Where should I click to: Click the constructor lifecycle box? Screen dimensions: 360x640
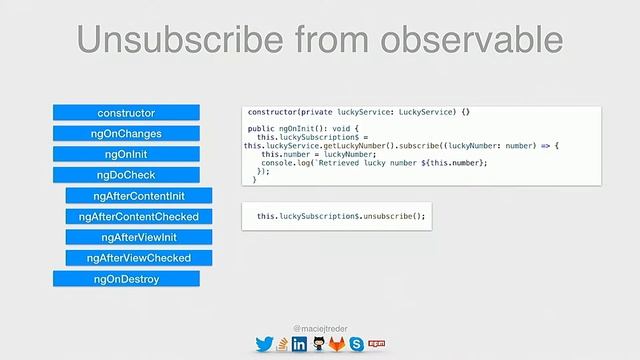coord(126,113)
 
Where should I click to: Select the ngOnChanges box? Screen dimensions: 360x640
coord(126,134)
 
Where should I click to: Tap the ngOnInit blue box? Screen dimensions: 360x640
coord(126,155)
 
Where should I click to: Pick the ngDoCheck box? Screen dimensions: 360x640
coord(126,175)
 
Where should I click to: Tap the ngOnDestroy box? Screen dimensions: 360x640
coord(126,279)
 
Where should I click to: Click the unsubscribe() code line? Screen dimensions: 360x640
coord(341,216)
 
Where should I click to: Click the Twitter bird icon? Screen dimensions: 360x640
coord(264,344)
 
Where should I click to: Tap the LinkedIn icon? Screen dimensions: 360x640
coord(299,344)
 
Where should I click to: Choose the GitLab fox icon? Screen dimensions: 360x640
coord(338,344)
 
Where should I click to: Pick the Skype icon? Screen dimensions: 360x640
coord(356,344)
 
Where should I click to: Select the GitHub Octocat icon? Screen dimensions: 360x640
coord(319,344)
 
